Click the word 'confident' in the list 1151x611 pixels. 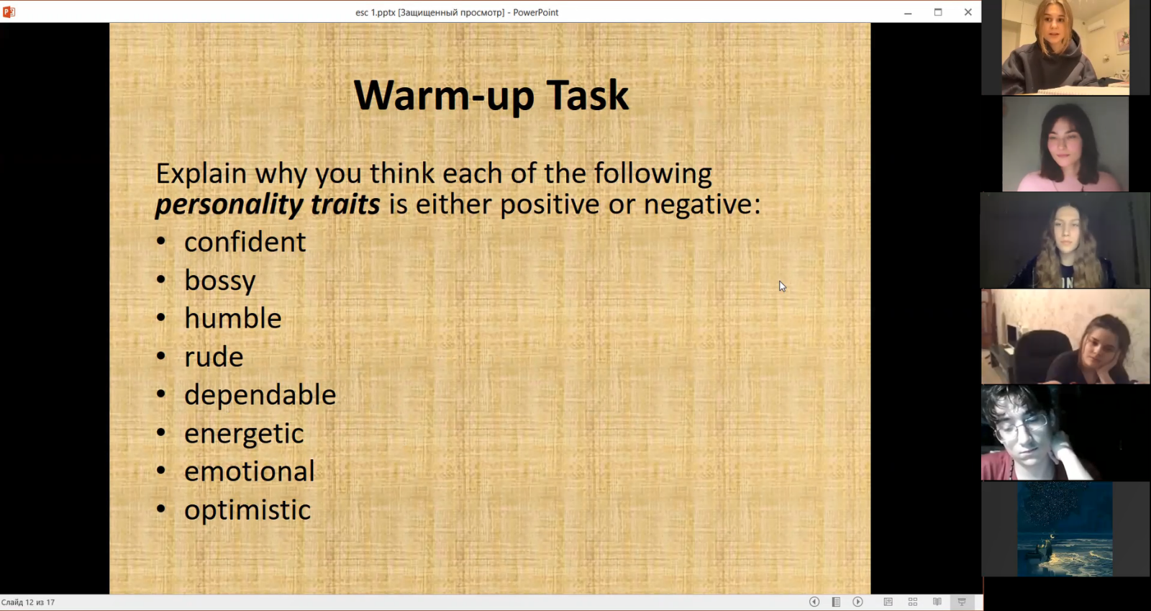(x=245, y=242)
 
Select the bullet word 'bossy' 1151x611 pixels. (x=220, y=281)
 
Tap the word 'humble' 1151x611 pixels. (x=233, y=318)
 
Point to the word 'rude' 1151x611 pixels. (x=214, y=357)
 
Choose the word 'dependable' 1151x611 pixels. (x=260, y=394)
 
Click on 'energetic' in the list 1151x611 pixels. (x=244, y=434)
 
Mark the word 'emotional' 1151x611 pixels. (x=249, y=471)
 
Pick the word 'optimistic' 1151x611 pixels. (x=247, y=510)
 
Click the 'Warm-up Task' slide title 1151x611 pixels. (x=491, y=96)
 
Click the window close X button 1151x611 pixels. (x=968, y=12)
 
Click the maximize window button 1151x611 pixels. (x=938, y=12)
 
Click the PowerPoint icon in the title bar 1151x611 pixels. (x=9, y=12)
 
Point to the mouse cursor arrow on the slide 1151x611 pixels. (x=782, y=286)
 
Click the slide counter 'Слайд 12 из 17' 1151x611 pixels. (x=28, y=602)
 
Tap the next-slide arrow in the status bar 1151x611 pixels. (x=857, y=602)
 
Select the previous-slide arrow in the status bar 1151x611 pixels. (x=814, y=602)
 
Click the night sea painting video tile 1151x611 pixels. (x=1065, y=529)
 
